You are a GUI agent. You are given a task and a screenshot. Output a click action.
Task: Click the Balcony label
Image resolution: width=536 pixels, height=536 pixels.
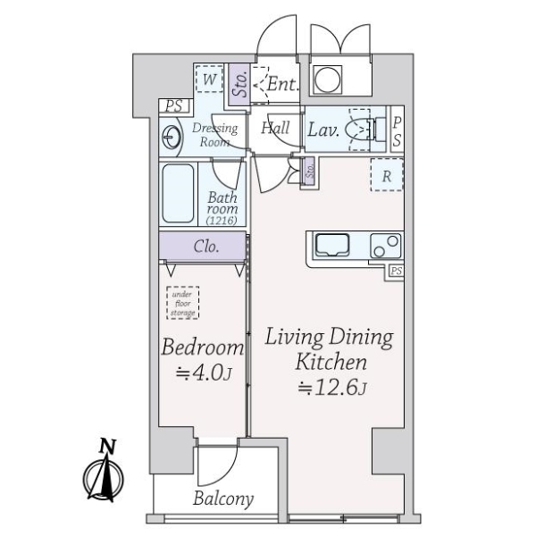point(223,498)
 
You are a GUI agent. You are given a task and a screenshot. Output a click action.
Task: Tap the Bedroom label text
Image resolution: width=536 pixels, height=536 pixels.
point(203,347)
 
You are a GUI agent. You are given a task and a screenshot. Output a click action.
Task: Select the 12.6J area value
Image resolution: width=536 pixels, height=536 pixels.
point(332,388)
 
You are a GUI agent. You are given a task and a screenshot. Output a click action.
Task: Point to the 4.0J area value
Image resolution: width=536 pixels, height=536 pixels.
point(204,373)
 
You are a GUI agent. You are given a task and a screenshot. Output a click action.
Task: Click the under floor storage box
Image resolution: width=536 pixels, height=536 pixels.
point(183,303)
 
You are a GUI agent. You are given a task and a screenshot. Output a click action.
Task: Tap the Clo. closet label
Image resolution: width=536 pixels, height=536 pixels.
point(206,247)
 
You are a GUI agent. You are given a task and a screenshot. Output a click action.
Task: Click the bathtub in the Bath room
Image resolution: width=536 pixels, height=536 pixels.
point(178,194)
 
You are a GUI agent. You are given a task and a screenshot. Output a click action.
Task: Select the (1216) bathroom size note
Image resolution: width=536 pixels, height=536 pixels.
point(222,220)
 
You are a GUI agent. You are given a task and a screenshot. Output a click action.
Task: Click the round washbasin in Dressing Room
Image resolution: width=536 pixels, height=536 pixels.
point(171,137)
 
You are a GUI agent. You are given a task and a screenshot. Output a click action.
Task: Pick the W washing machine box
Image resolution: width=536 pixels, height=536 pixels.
point(210,80)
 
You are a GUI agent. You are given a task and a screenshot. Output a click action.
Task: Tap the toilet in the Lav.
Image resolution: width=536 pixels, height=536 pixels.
point(365,130)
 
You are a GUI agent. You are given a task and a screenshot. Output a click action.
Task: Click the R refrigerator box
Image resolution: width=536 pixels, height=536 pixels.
point(387,175)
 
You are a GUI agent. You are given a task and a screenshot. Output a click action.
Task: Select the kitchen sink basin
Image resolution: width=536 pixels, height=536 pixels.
point(332,245)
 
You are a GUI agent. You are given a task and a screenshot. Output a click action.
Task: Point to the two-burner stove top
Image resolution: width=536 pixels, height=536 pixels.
point(386,246)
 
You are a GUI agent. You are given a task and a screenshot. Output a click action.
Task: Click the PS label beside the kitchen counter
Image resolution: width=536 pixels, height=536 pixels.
point(396,272)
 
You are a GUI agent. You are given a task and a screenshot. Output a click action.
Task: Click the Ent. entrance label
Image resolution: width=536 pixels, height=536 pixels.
point(282,84)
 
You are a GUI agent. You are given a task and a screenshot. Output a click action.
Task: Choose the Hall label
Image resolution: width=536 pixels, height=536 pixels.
point(275,128)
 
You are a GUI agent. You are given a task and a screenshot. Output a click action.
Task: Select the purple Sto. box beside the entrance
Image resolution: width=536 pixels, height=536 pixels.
point(239,85)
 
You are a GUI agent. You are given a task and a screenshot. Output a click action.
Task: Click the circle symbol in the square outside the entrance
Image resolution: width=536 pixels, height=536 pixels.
point(327,80)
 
